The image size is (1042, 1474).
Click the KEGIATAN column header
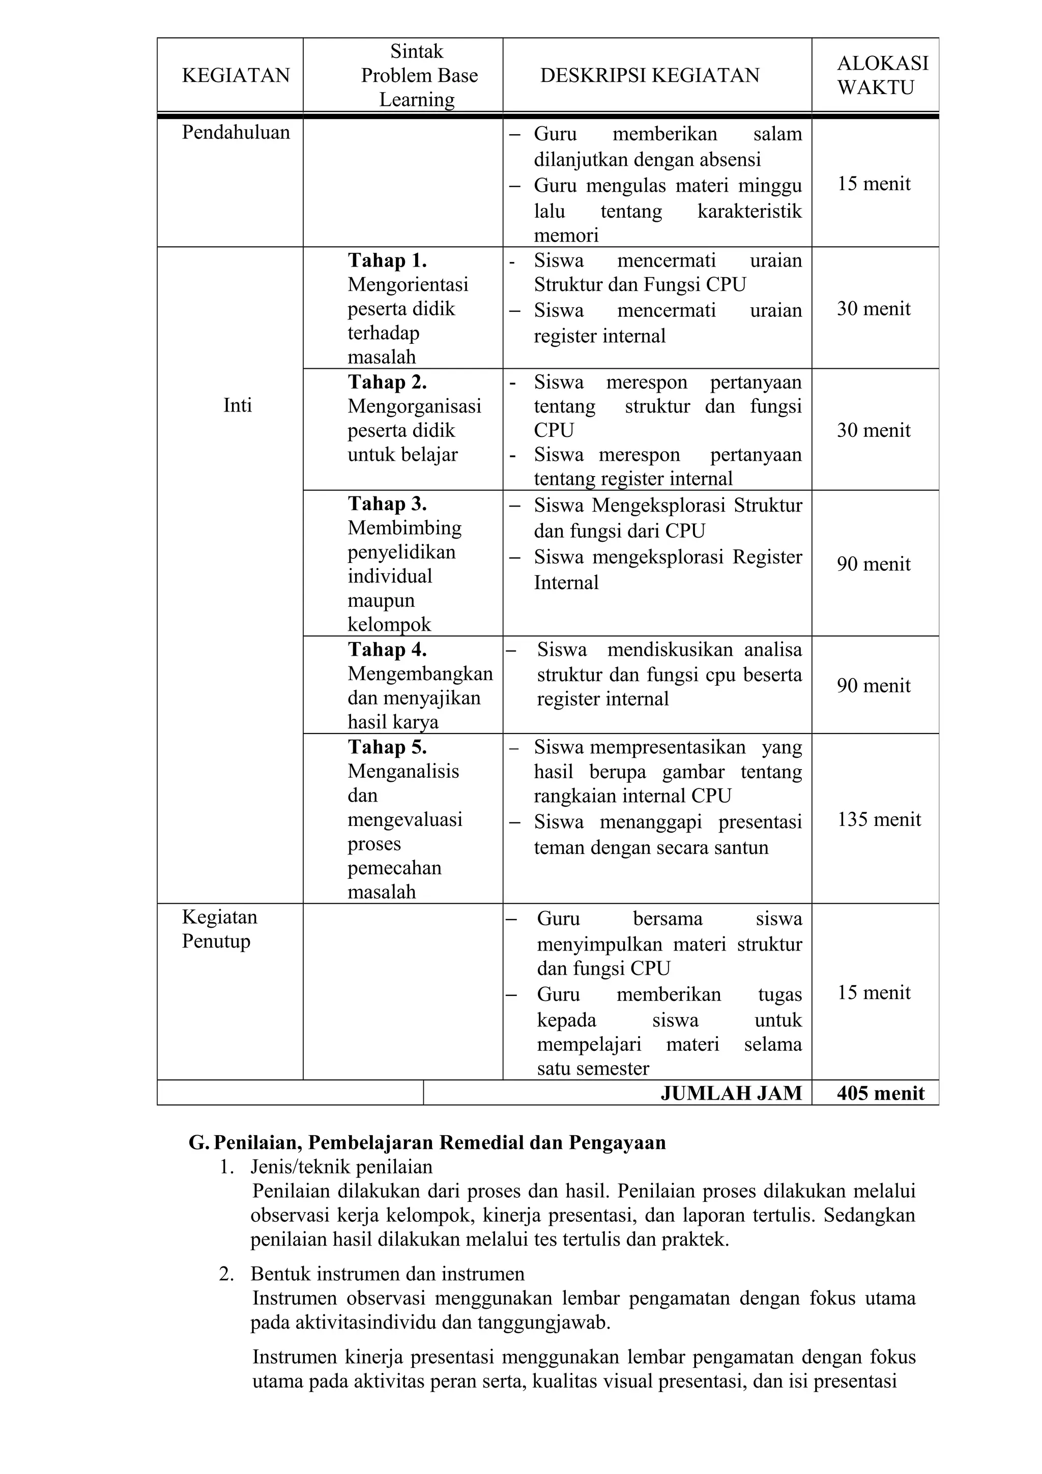coord(236,76)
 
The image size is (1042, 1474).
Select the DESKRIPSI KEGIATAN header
coord(649,76)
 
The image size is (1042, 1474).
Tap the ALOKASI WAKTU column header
coord(882,75)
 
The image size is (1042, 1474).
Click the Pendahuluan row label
coord(236,133)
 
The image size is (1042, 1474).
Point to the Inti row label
coord(237,405)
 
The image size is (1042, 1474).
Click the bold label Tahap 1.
coord(387,260)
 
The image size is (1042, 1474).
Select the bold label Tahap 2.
coord(387,382)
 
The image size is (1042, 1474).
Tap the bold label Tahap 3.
coord(387,504)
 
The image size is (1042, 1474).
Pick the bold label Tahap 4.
coord(387,650)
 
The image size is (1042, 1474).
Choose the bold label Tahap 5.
coord(387,747)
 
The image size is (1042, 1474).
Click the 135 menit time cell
coord(879,820)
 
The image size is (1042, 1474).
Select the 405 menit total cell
coord(880,1094)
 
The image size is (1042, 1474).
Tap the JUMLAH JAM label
coord(731,1094)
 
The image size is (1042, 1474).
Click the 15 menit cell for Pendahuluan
coord(874,184)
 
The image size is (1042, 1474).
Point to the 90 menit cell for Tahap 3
coord(874,564)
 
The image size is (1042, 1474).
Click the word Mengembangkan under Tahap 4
coord(420,673)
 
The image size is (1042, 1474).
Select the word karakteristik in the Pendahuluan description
coord(749,211)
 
